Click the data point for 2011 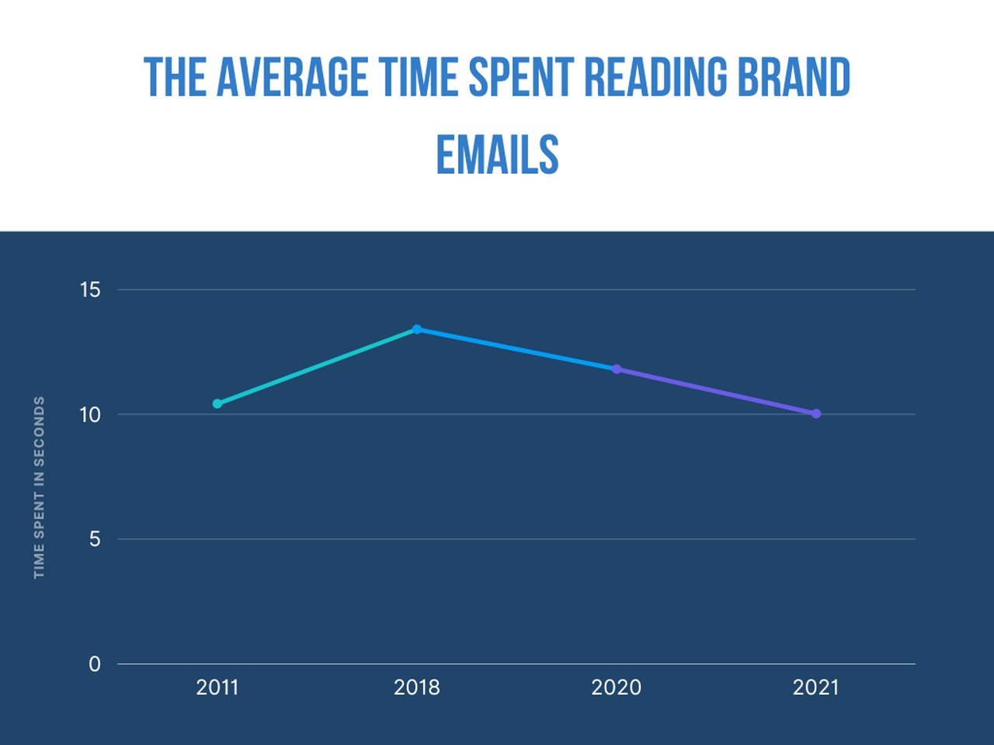point(217,404)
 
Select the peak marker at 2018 point(417,329)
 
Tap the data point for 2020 point(617,369)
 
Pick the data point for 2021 point(816,414)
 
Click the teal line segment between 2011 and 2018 point(317,366)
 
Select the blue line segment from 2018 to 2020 point(516,349)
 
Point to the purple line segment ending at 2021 point(716,391)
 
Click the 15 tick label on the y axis point(90,290)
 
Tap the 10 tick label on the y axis point(90,414)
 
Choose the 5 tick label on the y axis point(95,539)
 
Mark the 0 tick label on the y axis point(95,664)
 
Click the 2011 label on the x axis point(217,688)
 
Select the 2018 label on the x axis point(417,688)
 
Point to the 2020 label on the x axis point(617,688)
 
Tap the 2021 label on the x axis point(816,688)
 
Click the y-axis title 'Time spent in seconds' point(40,487)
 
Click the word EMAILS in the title point(497,154)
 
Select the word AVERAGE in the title point(292,78)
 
